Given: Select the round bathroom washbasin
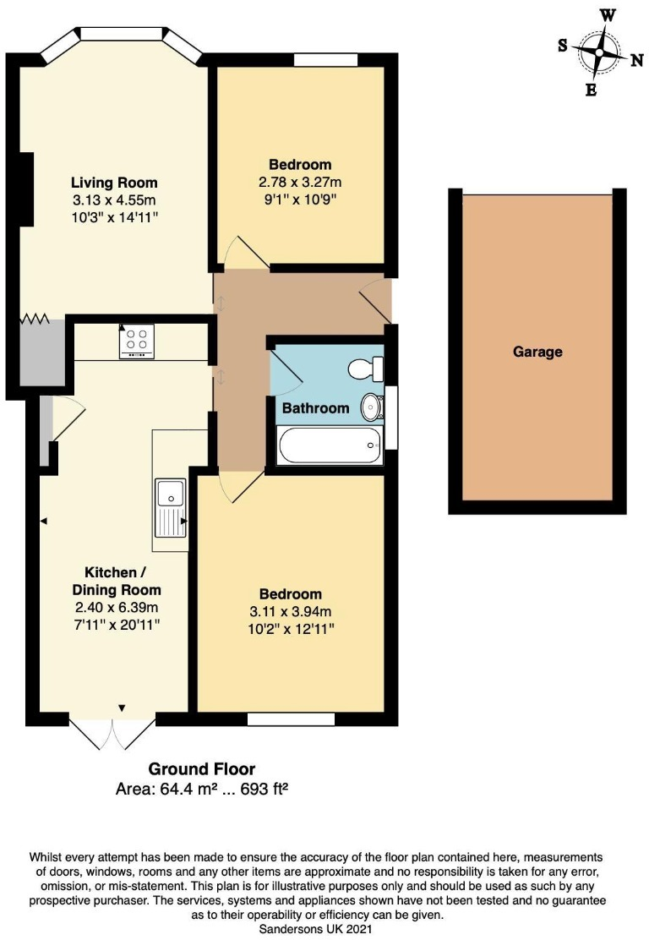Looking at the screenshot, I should [x=371, y=407].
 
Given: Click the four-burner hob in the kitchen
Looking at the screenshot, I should [x=137, y=341].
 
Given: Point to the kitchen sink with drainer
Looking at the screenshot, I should [x=172, y=507].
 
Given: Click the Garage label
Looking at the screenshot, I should [x=537, y=352].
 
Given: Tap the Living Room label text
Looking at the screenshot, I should [x=114, y=183].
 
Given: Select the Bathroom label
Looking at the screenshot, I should [x=315, y=408].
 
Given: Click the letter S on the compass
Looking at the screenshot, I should [x=563, y=46].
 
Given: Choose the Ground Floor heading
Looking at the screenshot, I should [x=202, y=769].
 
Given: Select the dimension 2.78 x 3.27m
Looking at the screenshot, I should [x=300, y=182].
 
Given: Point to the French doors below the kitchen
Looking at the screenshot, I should [x=112, y=733].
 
